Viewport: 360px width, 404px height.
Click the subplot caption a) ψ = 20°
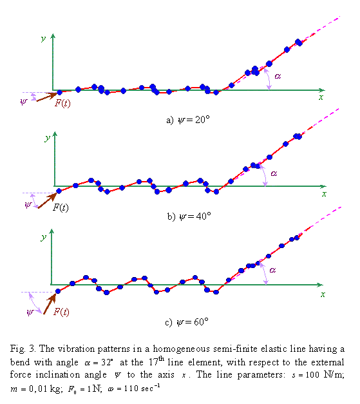coord(188,120)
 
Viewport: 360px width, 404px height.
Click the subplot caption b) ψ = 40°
coord(189,216)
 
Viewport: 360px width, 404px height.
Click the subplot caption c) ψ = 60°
coord(189,321)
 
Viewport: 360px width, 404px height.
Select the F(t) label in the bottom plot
coord(61,311)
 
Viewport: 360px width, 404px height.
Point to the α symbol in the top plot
coord(278,75)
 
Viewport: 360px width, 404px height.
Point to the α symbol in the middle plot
coord(274,173)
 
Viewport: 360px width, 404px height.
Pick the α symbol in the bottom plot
coord(272,269)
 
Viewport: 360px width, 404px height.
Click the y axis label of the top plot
coord(43,39)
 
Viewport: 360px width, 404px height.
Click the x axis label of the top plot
coord(320,97)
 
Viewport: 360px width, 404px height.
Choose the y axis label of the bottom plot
coord(43,237)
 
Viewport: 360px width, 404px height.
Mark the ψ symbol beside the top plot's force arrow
coord(24,101)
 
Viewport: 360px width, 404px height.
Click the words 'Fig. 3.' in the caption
coord(23,348)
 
